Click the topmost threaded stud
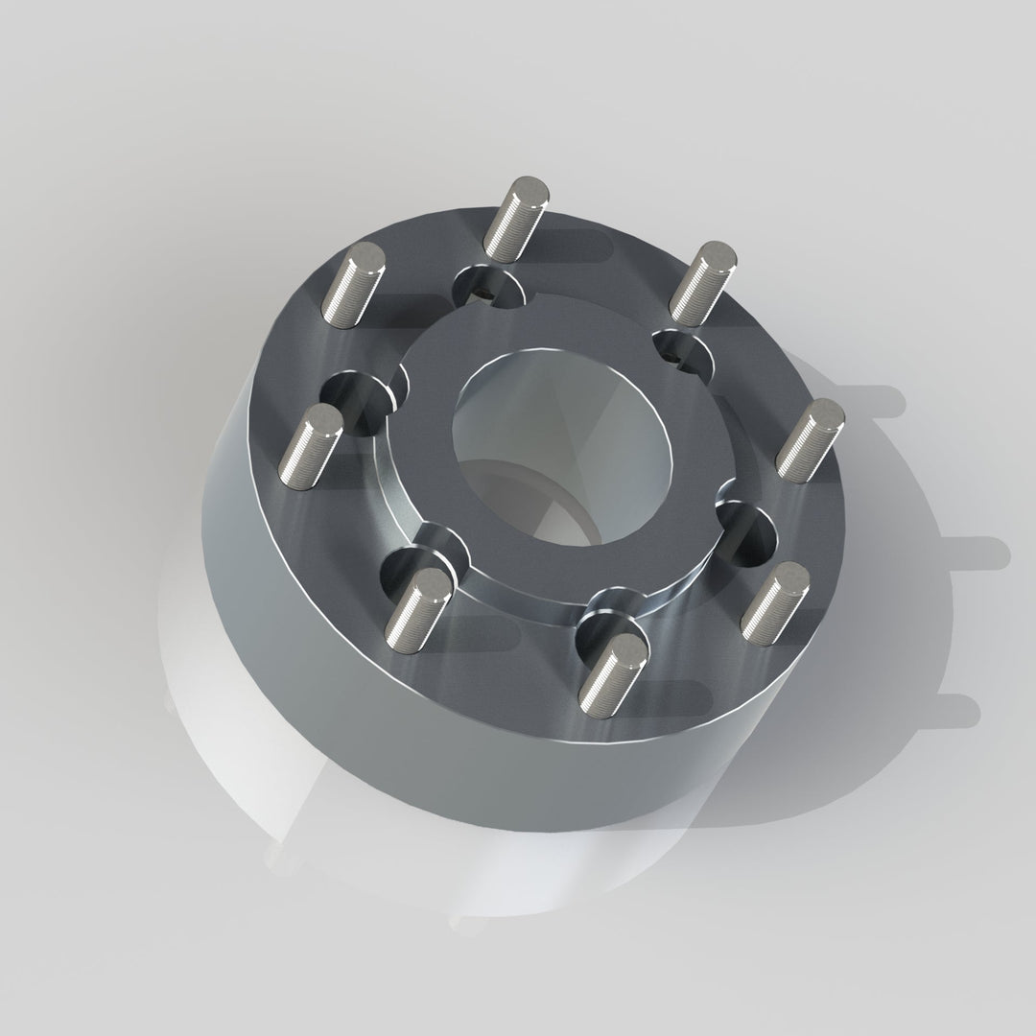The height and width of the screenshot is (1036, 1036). point(516,218)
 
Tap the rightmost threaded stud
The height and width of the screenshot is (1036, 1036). point(811,439)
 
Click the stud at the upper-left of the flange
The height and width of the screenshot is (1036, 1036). point(352,284)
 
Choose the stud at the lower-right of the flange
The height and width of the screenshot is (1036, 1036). point(775,603)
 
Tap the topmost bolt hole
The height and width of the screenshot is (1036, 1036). point(486,284)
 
